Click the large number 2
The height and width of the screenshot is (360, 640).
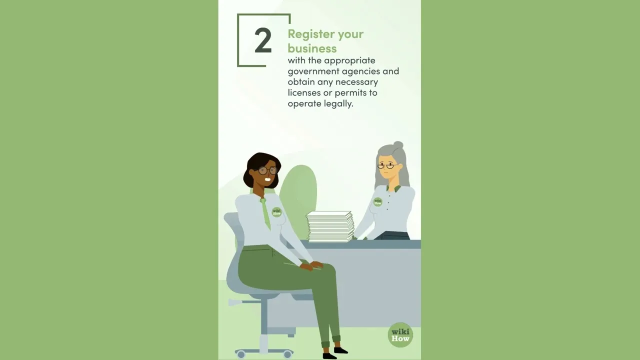pos(263,40)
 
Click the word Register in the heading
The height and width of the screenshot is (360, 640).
pos(310,34)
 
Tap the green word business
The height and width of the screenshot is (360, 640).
pos(312,48)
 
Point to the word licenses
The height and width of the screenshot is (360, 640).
pos(304,93)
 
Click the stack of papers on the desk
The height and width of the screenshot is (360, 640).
pos(330,226)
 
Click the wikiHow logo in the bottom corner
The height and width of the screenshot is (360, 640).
pos(400,334)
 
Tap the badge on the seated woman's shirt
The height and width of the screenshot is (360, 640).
pos(276,212)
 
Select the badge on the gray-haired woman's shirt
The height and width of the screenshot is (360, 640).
pos(378,202)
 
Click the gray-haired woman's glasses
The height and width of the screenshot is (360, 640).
pos(387,165)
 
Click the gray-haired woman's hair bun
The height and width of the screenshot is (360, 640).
pos(398,145)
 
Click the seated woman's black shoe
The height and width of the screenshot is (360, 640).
pos(340,350)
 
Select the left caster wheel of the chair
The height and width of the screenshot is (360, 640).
pos(241,354)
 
